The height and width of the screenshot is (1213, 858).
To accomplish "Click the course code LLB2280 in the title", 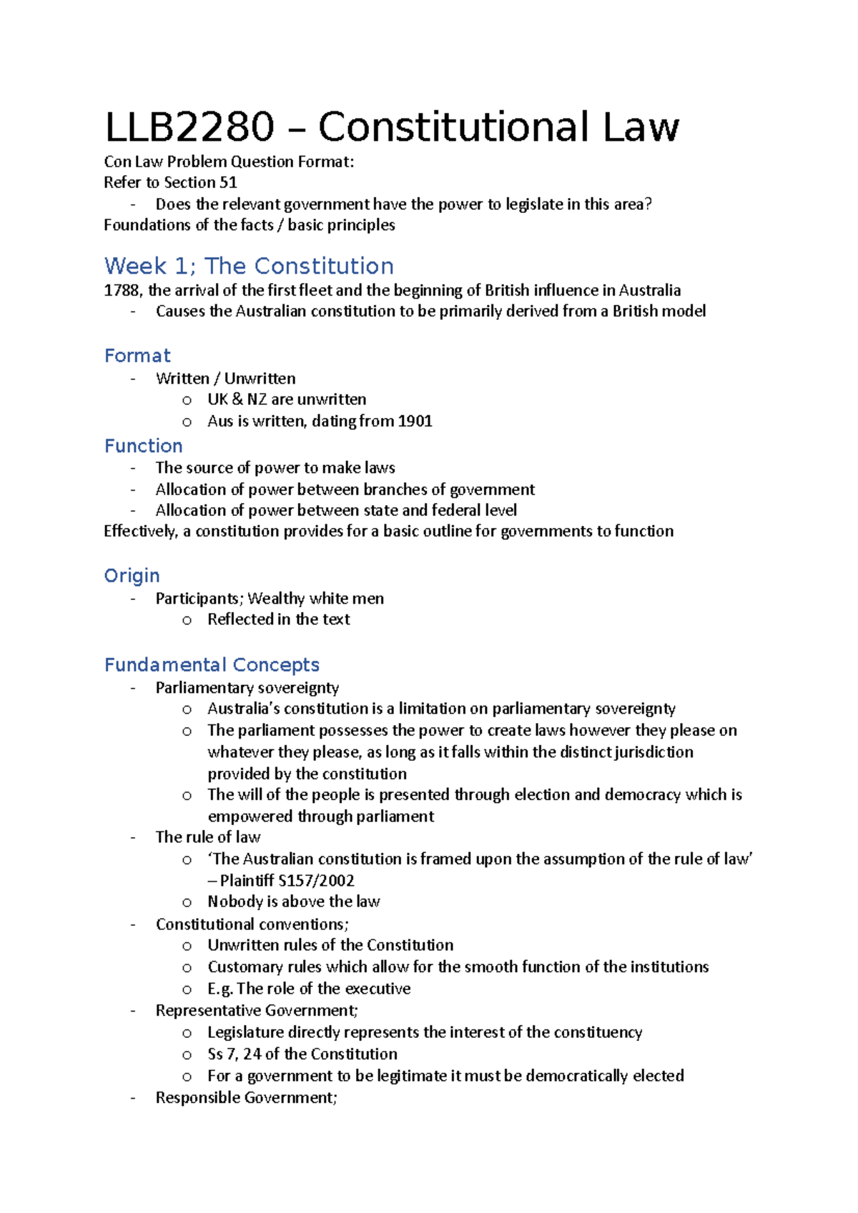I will [189, 128].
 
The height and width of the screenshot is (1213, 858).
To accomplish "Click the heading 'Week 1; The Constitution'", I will [249, 266].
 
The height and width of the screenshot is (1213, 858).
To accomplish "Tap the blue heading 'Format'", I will [137, 356].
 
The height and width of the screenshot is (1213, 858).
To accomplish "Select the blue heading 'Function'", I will [143, 446].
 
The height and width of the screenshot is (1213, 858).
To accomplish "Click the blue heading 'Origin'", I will [132, 576].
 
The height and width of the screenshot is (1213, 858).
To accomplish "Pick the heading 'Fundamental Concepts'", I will [212, 665].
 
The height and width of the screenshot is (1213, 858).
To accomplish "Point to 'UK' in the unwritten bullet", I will [217, 399].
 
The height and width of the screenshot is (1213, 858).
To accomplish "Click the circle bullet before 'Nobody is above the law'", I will [187, 903].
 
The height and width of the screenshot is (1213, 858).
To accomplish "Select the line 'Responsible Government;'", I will [246, 1098].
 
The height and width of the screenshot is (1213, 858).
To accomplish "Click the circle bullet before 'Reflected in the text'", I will [187, 621].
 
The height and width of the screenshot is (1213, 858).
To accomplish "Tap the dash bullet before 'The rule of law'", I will [133, 837].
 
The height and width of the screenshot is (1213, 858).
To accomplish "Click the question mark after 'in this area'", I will [648, 205].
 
